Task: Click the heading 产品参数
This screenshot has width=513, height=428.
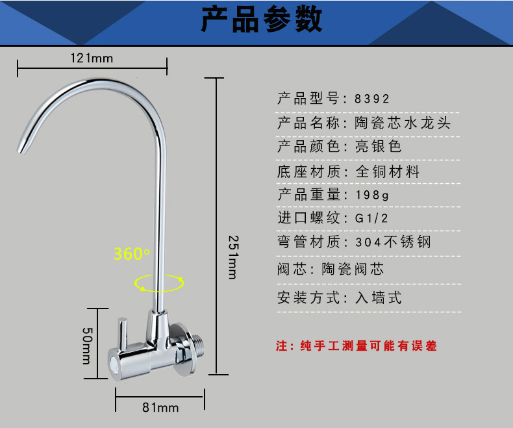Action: click(261, 20)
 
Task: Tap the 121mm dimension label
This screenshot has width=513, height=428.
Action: click(92, 58)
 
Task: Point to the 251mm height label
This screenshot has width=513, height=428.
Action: click(232, 256)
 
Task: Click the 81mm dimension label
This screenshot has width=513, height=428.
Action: click(160, 407)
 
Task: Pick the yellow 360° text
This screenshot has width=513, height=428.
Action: click(132, 253)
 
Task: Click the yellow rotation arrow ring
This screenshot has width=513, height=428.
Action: click(159, 282)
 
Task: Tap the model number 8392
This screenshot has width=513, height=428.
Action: click(372, 99)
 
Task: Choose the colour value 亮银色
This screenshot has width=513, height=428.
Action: click(379, 147)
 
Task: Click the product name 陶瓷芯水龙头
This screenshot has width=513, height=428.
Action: click(403, 123)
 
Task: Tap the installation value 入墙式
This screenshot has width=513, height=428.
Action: click(379, 298)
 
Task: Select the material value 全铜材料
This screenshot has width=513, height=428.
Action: click(388, 171)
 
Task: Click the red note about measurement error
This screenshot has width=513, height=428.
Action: click(357, 346)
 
